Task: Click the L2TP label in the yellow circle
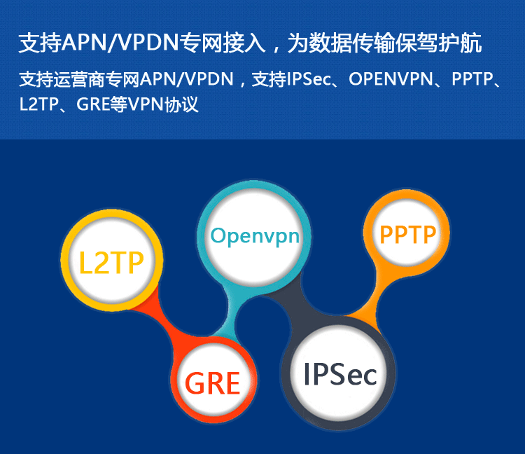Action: (x=111, y=263)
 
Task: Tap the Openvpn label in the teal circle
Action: (x=255, y=237)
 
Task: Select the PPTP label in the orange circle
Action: (x=408, y=235)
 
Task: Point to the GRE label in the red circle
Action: (x=213, y=383)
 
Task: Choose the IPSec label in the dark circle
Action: (x=339, y=374)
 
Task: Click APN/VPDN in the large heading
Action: (x=120, y=43)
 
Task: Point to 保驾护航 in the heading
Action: (x=439, y=43)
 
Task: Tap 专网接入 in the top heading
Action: (x=223, y=43)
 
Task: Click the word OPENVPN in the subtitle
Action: (x=391, y=79)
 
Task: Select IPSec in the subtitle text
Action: (x=309, y=79)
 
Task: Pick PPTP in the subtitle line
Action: (x=472, y=79)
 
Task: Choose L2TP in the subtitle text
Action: (x=39, y=104)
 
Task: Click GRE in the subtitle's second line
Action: (x=93, y=104)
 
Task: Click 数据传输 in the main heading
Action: (x=352, y=43)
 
